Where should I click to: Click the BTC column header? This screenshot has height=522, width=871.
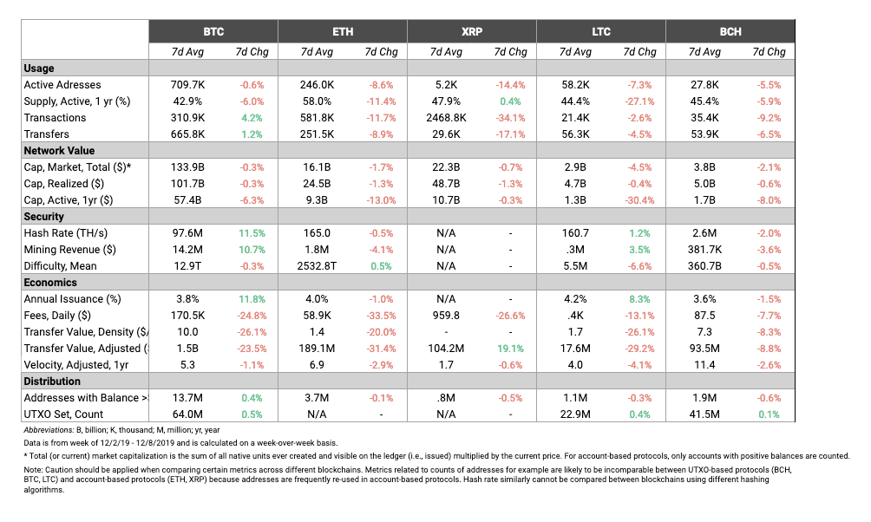pos(213,32)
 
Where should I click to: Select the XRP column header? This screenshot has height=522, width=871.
pos(472,32)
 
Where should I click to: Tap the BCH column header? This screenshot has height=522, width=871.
pos(730,32)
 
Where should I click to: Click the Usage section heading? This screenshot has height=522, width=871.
pos(39,69)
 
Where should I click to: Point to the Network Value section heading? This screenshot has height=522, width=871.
pos(59,151)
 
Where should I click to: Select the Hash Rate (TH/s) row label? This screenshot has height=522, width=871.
pos(66,233)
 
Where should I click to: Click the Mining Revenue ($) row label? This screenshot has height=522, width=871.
pos(70,250)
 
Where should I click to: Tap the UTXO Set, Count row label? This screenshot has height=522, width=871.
pos(63,414)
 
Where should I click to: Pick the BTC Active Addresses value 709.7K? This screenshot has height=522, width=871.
pos(187,85)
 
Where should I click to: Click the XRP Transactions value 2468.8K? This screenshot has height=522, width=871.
pos(446,118)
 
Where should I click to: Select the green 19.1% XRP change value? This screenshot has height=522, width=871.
pos(510,349)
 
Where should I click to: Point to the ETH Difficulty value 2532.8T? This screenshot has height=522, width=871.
pos(317,266)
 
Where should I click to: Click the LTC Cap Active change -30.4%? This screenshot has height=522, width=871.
pos(639,200)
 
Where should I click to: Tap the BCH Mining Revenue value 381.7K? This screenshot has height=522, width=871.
pos(704,250)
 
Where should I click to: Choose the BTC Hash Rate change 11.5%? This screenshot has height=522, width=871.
pos(252,233)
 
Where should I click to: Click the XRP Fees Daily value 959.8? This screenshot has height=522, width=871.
pos(446,316)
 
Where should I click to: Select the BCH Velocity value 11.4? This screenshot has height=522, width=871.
pos(704,365)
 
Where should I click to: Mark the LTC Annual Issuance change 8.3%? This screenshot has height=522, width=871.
pos(639,299)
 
